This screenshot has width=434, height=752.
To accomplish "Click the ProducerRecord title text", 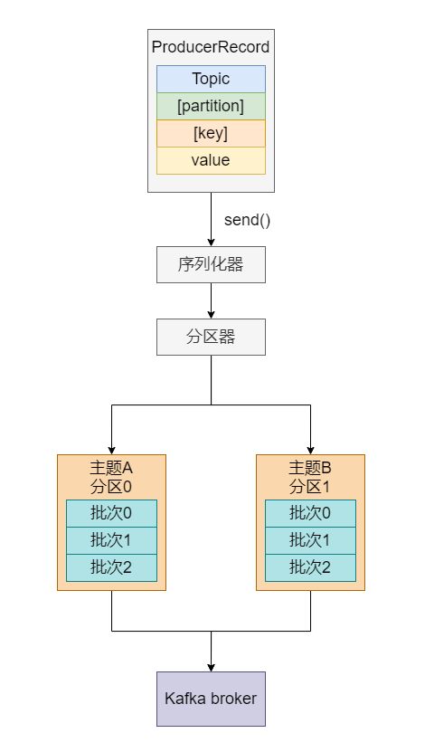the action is (211, 47).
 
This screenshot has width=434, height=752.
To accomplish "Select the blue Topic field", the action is (211, 79).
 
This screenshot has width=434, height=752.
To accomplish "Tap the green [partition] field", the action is (211, 106).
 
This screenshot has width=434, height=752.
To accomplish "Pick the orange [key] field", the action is (211, 133).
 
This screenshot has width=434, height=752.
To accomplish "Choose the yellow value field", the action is (211, 161).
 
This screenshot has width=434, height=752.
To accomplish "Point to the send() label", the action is (247, 220).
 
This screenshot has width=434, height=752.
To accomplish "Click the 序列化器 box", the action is (211, 265).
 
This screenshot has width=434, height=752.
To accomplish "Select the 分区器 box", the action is (211, 338).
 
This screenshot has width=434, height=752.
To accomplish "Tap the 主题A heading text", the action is (111, 467).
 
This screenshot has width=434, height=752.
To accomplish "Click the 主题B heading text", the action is (310, 467).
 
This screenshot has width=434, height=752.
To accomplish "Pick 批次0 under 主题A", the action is (111, 513).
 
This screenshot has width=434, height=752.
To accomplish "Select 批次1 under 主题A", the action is (111, 540).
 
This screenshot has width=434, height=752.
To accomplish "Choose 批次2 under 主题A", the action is (111, 567).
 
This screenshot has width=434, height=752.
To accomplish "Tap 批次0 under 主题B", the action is (310, 513).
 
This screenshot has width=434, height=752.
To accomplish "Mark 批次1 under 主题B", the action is (310, 540).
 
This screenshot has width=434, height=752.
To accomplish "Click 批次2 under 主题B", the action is (310, 567).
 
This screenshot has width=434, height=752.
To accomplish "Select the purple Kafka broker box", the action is (211, 699).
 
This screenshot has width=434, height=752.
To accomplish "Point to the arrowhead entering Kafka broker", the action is (211, 668).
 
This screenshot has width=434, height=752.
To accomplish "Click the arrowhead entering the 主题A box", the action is (111, 451).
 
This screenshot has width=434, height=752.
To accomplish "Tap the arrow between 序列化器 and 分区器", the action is (211, 300).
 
